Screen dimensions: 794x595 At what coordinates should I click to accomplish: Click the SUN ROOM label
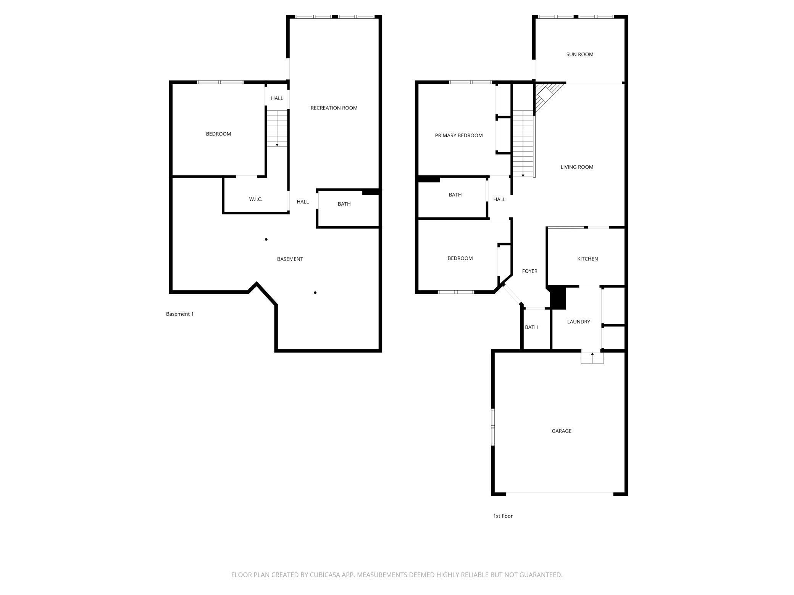pos(579,55)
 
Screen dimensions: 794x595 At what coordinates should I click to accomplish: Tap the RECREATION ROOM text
pos(334,108)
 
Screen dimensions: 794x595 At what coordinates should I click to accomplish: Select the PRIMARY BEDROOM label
pos(459,135)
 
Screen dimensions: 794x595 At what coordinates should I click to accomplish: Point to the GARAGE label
pos(562,431)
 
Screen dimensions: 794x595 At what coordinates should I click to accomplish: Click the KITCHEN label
pos(587,259)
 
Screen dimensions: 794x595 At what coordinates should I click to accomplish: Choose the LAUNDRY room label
pos(579,322)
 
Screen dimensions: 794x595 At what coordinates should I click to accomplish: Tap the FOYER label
pos(530,271)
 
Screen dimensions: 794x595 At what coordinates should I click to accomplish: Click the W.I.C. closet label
pos(256,199)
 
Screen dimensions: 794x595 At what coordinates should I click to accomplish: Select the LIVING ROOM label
pos(577,167)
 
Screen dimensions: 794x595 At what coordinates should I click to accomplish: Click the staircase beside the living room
pos(523,144)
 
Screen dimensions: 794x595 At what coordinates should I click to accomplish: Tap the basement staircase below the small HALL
pos(277,129)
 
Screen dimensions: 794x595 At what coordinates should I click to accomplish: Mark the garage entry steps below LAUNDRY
pos(592,358)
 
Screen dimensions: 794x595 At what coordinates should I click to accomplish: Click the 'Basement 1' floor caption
pos(180,314)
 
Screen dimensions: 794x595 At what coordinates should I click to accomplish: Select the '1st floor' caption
pos(503,516)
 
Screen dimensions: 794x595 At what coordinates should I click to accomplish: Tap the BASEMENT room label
pos(290,259)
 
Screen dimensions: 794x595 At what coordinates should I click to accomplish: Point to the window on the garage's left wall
pos(493,427)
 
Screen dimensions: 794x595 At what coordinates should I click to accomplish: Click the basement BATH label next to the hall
pos(344,204)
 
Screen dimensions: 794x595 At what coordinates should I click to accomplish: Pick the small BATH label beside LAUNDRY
pos(531,327)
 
